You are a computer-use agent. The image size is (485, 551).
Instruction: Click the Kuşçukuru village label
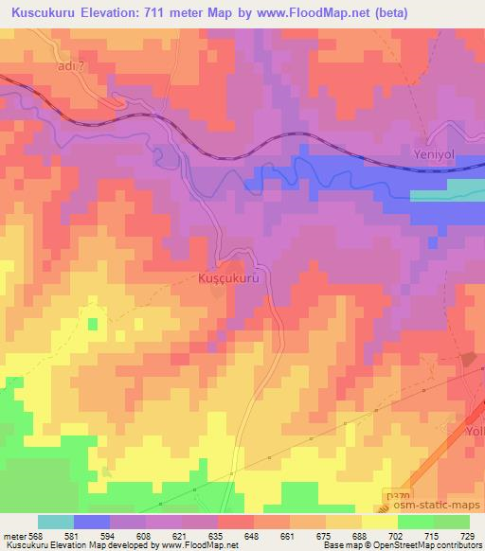[226, 280]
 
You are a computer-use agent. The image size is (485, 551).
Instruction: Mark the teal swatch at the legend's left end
[56, 522]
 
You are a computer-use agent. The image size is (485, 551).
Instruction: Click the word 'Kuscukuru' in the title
[44, 12]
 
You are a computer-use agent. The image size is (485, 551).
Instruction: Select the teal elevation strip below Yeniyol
[446, 194]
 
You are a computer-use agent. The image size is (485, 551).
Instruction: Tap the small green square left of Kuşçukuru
[93, 324]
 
